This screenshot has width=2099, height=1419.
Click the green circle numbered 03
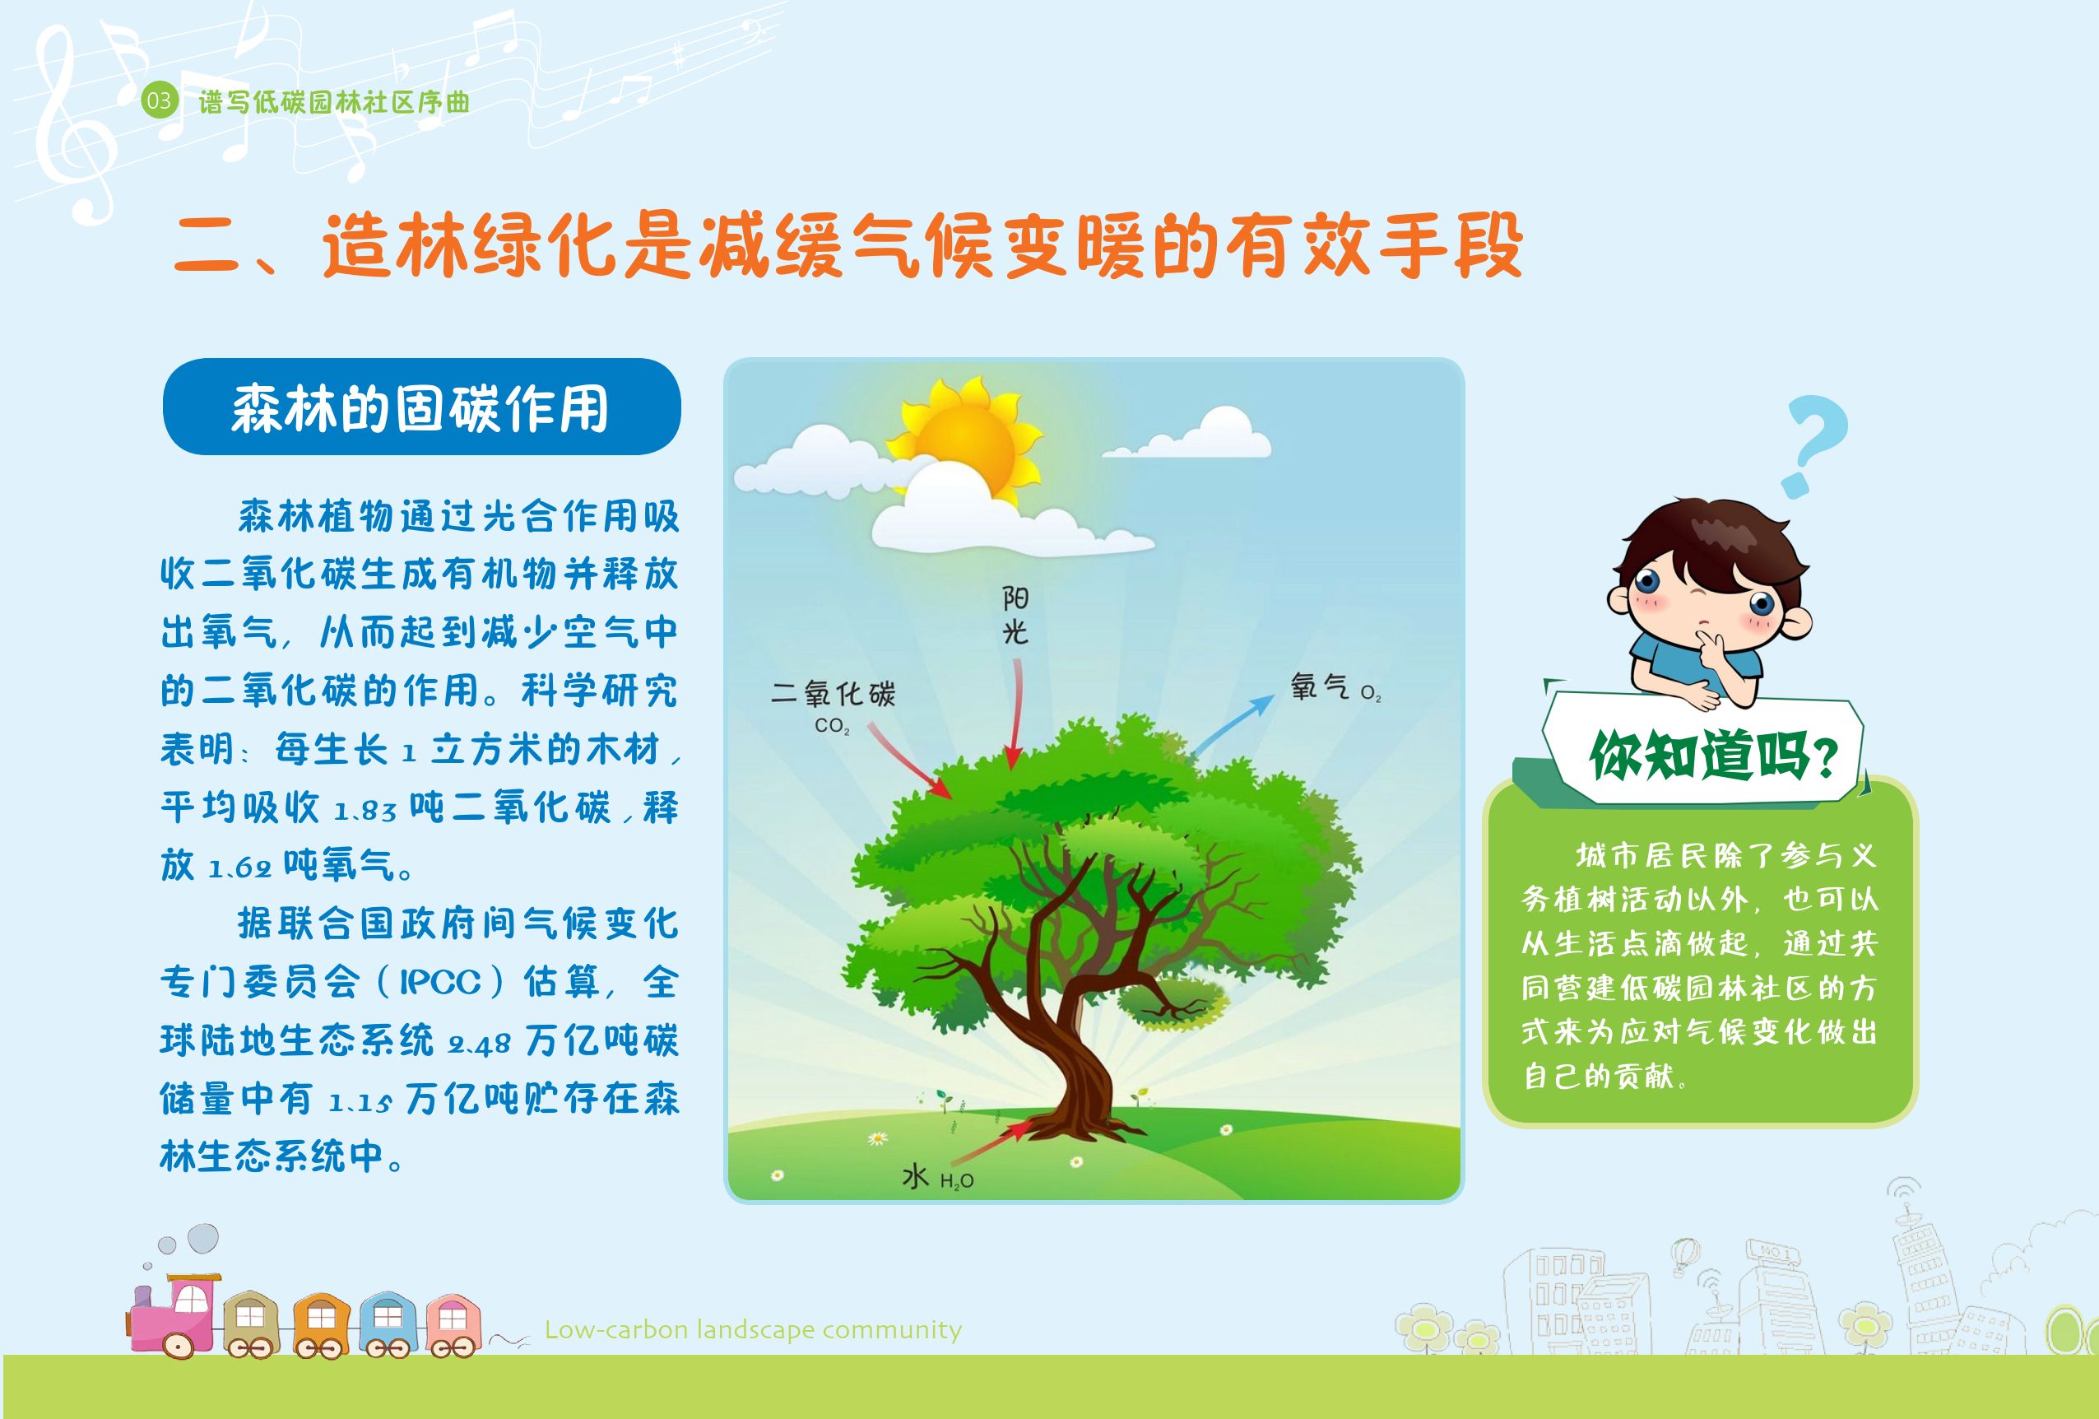pos(159,100)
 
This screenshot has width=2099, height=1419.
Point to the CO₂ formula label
pos(832,725)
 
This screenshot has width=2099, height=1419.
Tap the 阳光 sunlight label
pos(1015,615)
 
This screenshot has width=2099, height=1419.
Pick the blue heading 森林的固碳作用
pos(421,407)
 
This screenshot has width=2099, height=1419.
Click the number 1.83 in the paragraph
pos(365,811)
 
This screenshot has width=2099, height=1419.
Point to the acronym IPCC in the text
pos(441,982)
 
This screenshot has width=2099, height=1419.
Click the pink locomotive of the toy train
pos(174,1315)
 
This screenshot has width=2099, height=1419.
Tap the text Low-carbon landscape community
pos(753,1329)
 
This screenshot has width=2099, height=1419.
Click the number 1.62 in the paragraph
pos(239,869)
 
